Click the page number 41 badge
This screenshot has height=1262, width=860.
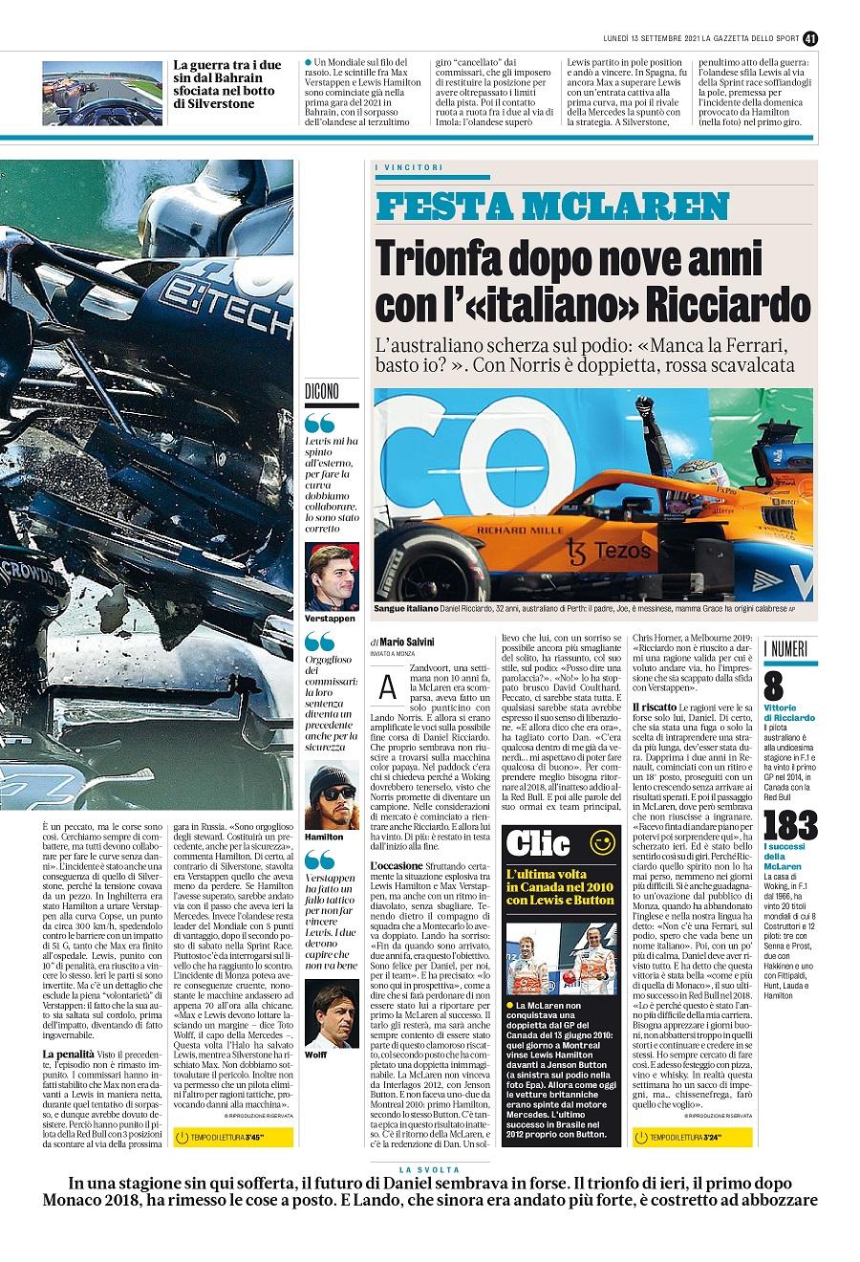tap(810, 38)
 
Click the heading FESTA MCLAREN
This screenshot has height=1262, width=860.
tap(553, 207)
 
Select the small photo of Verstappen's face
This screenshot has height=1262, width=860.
tap(332, 577)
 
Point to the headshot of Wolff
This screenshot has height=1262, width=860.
tap(332, 1013)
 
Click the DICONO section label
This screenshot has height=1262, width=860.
tap(321, 392)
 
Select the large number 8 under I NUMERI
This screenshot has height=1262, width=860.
tap(773, 688)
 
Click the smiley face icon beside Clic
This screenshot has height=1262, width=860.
tap(602, 842)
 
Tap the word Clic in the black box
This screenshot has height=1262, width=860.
tap(538, 843)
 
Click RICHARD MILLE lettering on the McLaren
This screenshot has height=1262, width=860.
tap(514, 529)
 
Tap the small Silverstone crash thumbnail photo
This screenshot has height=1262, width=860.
tap(101, 93)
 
